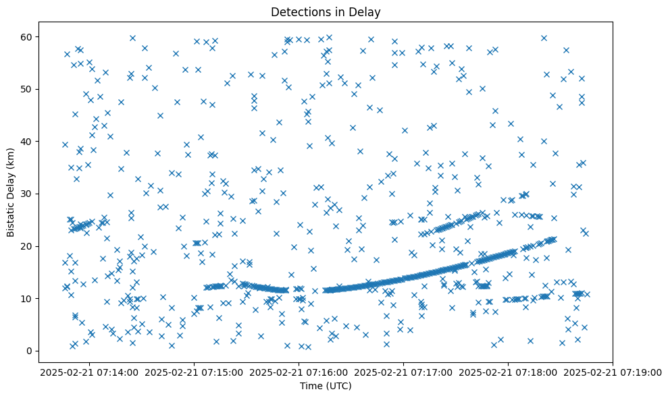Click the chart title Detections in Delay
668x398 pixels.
click(326, 12)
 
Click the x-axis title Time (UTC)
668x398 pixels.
click(326, 386)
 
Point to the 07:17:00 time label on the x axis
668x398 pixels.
click(404, 372)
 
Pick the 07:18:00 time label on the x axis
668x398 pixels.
click(508, 372)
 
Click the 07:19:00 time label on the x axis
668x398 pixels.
click(613, 372)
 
